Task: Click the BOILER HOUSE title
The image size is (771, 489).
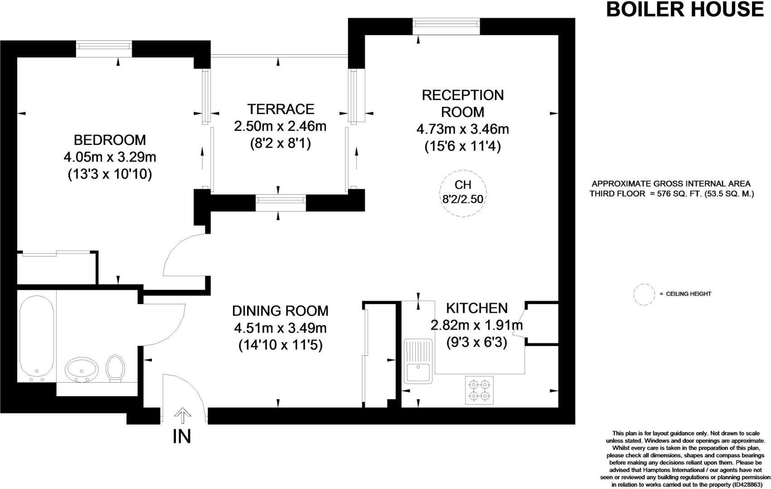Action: coord(685,10)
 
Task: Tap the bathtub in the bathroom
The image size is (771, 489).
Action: coord(36,339)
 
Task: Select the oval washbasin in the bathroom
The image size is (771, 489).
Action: coord(82,369)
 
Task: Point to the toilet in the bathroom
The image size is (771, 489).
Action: coord(115,368)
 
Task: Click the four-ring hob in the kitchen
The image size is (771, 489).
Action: coord(479,390)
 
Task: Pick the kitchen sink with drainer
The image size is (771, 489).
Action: coord(418,361)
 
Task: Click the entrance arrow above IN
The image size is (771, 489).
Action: coord(182,415)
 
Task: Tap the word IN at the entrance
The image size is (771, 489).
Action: coord(182,436)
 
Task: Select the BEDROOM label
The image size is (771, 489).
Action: coord(110,140)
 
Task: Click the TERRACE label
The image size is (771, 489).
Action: coord(281,109)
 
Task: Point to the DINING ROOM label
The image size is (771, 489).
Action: coord(280,311)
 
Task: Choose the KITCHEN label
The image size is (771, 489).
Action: coord(477,308)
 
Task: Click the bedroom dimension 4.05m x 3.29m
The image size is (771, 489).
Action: coord(110,157)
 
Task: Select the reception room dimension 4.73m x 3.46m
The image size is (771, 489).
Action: coord(463,129)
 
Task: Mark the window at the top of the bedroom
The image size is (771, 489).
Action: coord(104,49)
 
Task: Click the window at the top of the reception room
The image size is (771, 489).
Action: coord(446,26)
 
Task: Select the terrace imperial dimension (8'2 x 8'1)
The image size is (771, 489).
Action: coord(281,144)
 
